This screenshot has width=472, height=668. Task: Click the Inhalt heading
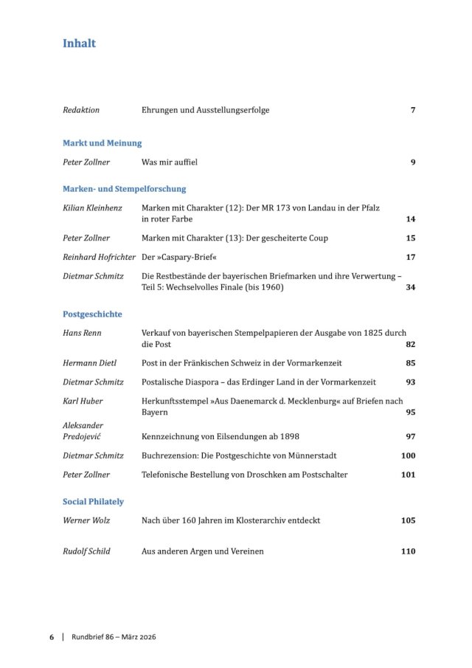coord(79,44)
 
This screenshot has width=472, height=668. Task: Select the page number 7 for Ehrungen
coord(413,110)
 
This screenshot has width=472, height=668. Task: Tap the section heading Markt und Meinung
coord(102,143)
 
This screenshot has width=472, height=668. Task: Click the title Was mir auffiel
coord(169,162)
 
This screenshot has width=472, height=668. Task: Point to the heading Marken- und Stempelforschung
coord(124,189)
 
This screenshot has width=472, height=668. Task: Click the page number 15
coord(411,238)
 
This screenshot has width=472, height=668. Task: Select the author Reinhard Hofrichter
coord(100,258)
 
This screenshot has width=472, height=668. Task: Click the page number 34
coord(411,287)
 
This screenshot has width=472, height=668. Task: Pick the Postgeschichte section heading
coord(92,314)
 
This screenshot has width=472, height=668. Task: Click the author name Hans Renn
coord(82,333)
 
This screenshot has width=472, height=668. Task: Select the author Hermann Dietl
coord(89,363)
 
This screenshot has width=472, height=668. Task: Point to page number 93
coord(411,382)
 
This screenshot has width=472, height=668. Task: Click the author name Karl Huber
coord(83,401)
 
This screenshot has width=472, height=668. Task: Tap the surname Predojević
coord(83,437)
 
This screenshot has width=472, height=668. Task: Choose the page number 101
coord(409,475)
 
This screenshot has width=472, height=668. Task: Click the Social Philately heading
coord(93,502)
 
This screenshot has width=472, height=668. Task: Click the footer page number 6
coord(52,637)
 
